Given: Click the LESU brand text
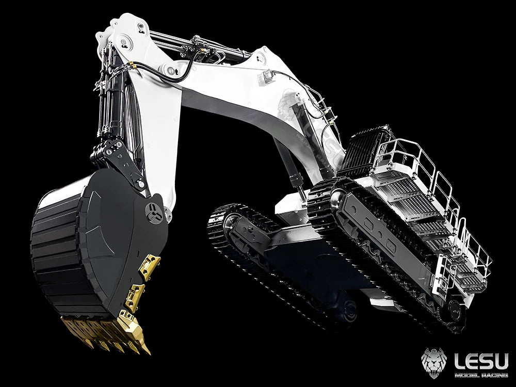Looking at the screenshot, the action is point(481,361).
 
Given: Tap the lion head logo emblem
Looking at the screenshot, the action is point(434,363).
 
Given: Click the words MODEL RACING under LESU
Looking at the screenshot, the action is point(481,375).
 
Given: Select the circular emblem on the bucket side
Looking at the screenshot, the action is point(153,213).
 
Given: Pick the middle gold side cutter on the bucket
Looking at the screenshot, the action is point(135,297).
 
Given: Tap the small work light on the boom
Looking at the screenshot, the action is point(267,76).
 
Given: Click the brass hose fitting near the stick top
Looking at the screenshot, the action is point(131,64).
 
